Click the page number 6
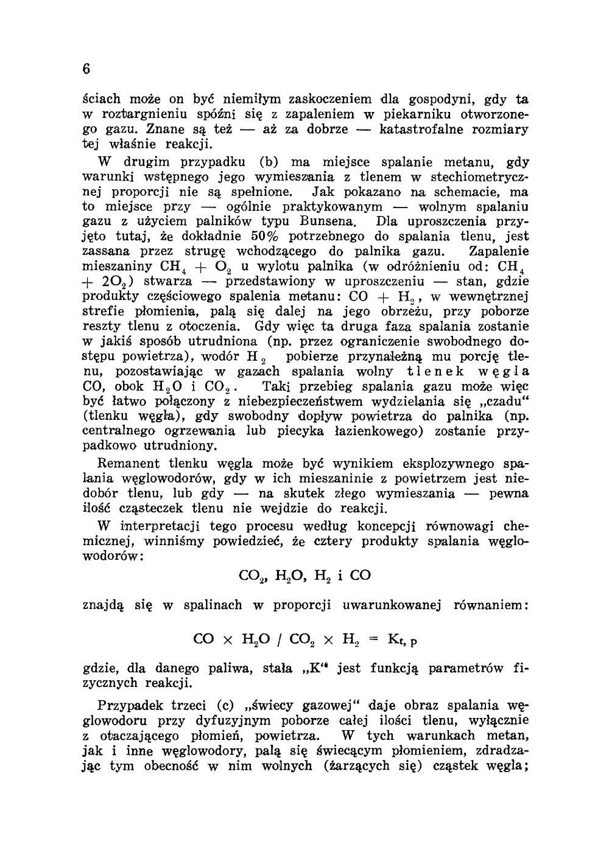86,69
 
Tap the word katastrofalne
424,130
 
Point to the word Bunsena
331,221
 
